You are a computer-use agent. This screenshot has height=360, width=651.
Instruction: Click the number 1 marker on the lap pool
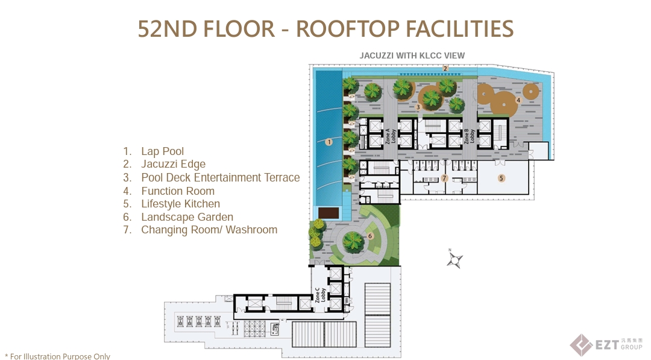[329, 142]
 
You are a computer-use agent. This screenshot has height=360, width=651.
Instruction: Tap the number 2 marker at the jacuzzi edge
[445, 68]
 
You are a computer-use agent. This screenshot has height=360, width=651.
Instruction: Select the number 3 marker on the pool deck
[418, 107]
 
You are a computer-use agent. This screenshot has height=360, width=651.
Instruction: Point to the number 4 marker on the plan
[518, 100]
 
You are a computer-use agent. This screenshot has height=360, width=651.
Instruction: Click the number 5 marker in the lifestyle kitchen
[500, 178]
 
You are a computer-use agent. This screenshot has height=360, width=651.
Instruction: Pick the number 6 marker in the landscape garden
[370, 236]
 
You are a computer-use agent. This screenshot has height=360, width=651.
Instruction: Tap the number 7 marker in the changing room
[444, 178]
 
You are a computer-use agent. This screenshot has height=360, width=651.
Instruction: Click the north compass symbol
[454, 260]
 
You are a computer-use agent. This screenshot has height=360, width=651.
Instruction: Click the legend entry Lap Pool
[162, 151]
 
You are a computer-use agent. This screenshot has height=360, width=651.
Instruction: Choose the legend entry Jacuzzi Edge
[173, 164]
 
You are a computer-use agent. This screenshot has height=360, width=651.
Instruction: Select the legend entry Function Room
[178, 191]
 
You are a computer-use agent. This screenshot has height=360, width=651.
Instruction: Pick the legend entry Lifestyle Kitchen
[180, 204]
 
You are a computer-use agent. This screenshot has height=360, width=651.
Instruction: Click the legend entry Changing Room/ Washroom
[209, 230]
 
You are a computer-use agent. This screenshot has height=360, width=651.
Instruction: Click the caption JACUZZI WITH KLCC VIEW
[412, 55]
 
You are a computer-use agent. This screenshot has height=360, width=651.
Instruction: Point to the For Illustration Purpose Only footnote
[58, 356]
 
